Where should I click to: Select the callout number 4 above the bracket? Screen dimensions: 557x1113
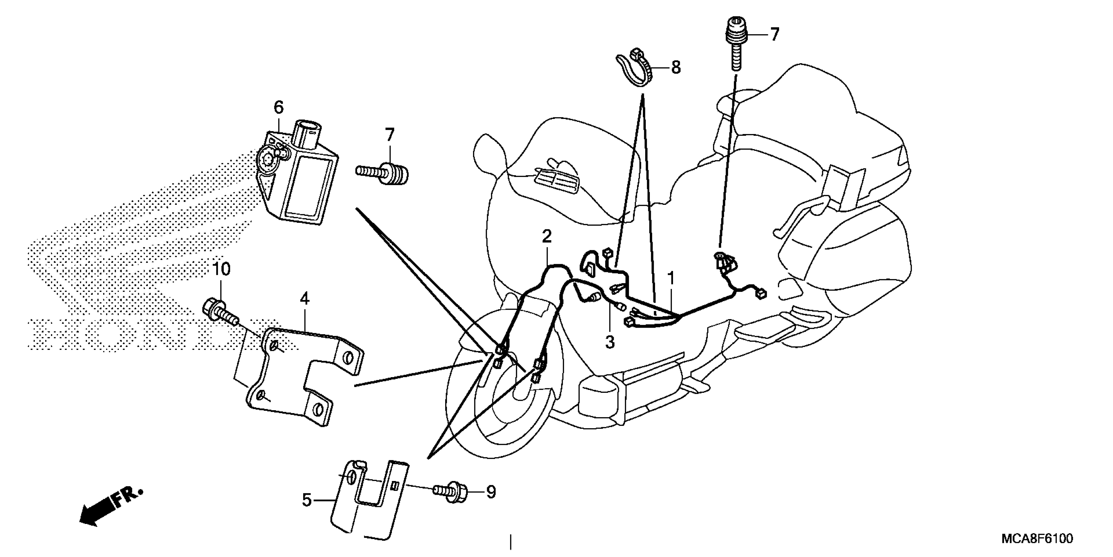point(305,298)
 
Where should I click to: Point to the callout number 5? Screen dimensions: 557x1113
point(306,500)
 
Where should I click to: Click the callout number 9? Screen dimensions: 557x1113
point(491,492)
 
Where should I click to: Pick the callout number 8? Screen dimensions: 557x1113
point(675,67)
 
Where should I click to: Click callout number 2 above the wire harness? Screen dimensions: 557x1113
point(547,237)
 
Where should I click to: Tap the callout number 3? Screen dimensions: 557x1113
point(609,342)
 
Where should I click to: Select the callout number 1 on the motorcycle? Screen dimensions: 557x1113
point(671,277)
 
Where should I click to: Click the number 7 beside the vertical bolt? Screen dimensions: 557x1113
point(774,34)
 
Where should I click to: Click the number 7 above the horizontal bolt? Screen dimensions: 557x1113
point(390,135)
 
